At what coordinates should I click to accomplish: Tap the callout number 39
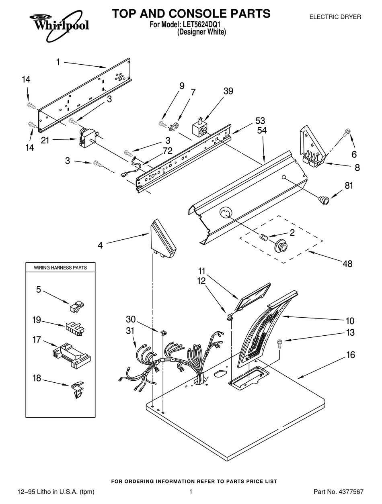228,91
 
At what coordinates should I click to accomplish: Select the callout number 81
349,186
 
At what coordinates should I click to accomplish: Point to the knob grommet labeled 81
323,199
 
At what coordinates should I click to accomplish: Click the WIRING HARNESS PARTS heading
60,267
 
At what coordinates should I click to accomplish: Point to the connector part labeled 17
72,355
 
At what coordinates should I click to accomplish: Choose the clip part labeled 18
78,389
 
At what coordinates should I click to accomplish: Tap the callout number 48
347,263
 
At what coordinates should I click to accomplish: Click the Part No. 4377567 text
338,492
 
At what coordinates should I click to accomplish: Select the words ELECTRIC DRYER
335,17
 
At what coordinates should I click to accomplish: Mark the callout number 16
350,355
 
